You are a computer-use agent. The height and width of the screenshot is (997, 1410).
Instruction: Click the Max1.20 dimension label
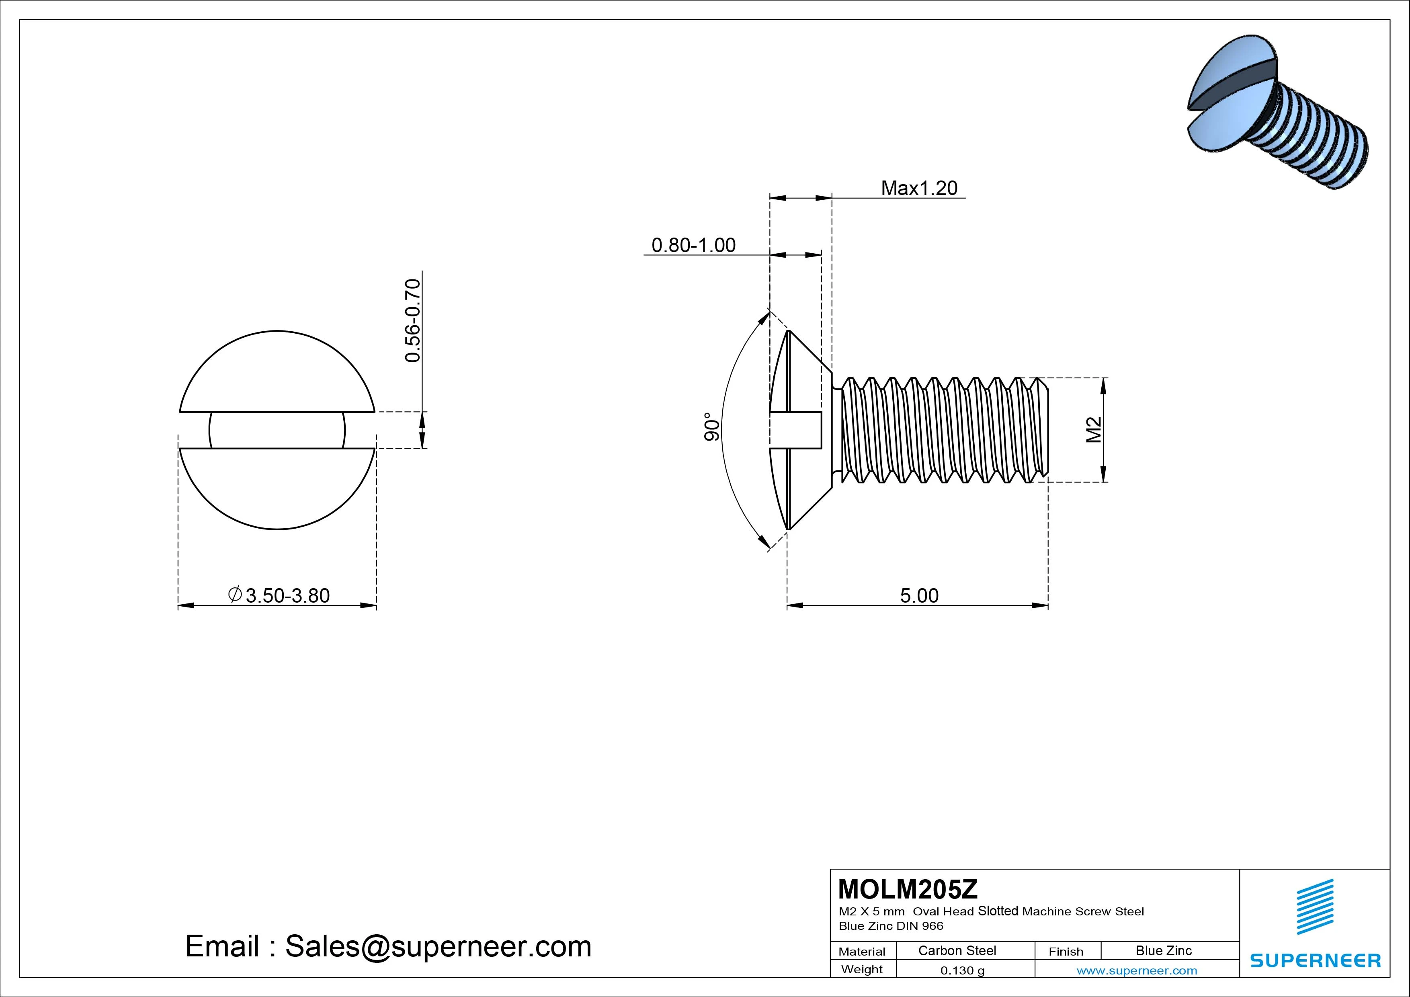click(x=919, y=188)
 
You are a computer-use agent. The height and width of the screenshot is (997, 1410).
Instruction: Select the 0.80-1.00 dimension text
click(x=693, y=246)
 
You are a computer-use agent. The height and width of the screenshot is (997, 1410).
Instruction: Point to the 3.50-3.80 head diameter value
click(x=287, y=596)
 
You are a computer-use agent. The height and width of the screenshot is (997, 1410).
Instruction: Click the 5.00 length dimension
click(x=919, y=596)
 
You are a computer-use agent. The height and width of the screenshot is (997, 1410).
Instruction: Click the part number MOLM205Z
click(x=908, y=889)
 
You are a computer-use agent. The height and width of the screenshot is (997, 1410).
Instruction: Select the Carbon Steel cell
click(x=957, y=951)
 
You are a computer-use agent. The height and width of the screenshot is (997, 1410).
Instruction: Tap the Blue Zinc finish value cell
click(x=1163, y=951)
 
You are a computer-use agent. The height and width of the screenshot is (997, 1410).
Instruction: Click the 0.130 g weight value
click(x=962, y=970)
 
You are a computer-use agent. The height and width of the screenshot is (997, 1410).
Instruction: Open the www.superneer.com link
click(x=1136, y=970)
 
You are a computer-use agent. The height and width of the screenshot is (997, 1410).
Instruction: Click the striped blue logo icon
click(x=1315, y=907)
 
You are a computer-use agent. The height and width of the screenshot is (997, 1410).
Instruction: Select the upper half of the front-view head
click(x=277, y=375)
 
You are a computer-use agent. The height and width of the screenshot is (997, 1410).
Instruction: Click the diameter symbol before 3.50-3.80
click(x=234, y=595)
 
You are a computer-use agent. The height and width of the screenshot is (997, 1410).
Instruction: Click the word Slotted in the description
click(x=998, y=911)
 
